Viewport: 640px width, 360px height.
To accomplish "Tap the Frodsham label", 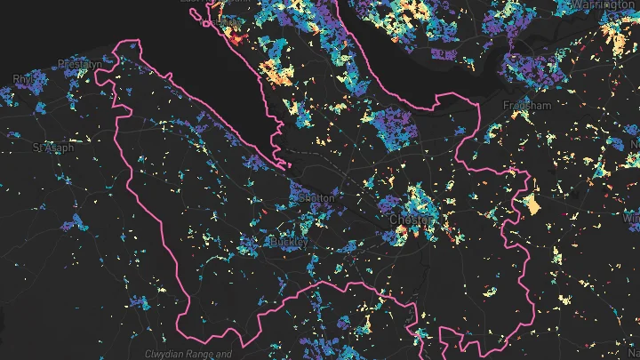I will point(527,105).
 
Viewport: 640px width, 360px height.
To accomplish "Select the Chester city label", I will point(410,219).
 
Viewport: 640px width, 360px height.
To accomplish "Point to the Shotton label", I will point(317,197).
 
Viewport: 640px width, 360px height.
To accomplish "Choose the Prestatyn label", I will point(77,63).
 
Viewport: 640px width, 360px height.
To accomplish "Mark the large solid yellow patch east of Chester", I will point(531,204).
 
